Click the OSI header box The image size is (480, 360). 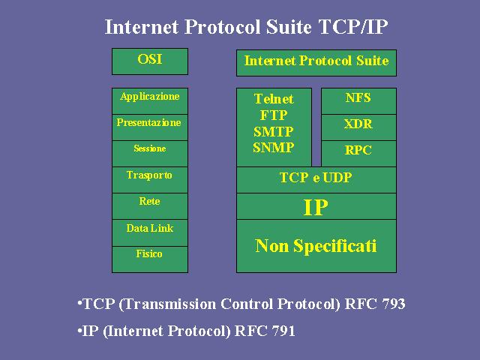pyautogui.click(x=150, y=61)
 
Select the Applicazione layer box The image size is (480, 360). pyautogui.click(x=150, y=101)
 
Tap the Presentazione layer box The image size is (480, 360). pyautogui.click(x=150, y=127)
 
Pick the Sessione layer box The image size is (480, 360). pyautogui.click(x=150, y=154)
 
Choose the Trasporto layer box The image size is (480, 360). pyautogui.click(x=150, y=180)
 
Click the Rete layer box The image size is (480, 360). pyautogui.click(x=150, y=206)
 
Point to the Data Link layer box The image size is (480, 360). pyautogui.click(x=150, y=232)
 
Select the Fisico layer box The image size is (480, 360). pyautogui.click(x=150, y=259)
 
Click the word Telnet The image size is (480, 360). pyautogui.click(x=274, y=99)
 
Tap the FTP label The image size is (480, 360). pyautogui.click(x=274, y=115)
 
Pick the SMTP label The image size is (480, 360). pyautogui.click(x=274, y=132)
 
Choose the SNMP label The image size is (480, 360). pyautogui.click(x=274, y=148)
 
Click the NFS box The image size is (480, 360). pyautogui.click(x=358, y=101)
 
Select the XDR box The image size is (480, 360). pyautogui.click(x=358, y=127)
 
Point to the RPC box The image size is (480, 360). pyautogui.click(x=358, y=154)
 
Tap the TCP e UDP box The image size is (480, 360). pyautogui.click(x=316, y=180)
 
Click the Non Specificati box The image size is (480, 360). pyautogui.click(x=316, y=246)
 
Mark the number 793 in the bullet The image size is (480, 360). pyautogui.click(x=394, y=304)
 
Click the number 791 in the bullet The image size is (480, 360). pyautogui.click(x=283, y=331)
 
